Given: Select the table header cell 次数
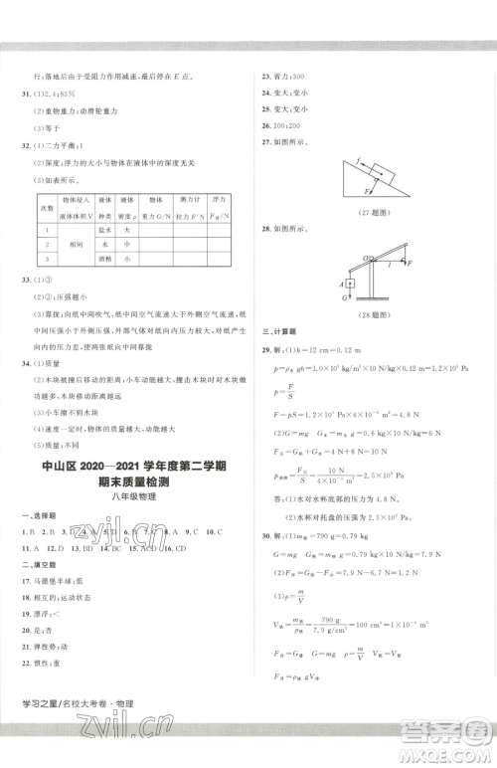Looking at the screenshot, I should click(x=45, y=207).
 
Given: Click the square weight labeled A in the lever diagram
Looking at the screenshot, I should click(x=350, y=284).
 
